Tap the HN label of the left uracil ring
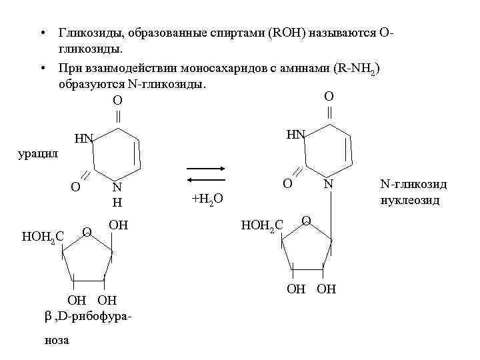click(x=84, y=139)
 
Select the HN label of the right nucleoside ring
click(x=296, y=135)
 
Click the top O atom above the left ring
click(x=117, y=101)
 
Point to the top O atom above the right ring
click(x=329, y=97)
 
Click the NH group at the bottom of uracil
click(x=117, y=194)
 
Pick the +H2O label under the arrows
click(x=207, y=199)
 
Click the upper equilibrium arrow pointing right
click(x=207, y=169)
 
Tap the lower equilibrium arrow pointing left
click(x=207, y=180)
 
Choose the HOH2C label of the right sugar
click(x=262, y=227)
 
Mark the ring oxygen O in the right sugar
click(x=305, y=220)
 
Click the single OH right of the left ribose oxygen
click(x=118, y=225)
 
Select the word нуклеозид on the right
click(x=410, y=199)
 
